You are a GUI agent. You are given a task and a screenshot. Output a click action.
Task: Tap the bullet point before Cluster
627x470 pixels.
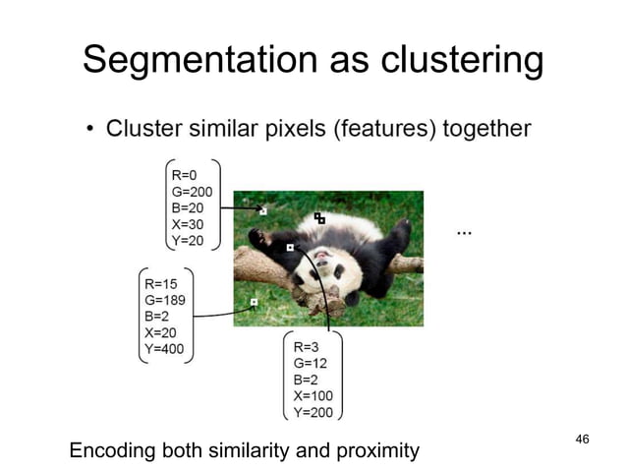89,130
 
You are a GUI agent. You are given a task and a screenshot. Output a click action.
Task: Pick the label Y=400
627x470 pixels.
164,348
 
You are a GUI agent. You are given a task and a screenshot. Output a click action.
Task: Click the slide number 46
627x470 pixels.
582,438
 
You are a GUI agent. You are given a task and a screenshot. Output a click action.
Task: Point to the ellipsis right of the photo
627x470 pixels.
464,233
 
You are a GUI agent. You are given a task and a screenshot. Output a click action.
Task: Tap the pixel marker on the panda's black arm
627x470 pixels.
290,248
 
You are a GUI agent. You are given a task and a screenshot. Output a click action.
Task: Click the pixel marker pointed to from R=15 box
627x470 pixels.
254,302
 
